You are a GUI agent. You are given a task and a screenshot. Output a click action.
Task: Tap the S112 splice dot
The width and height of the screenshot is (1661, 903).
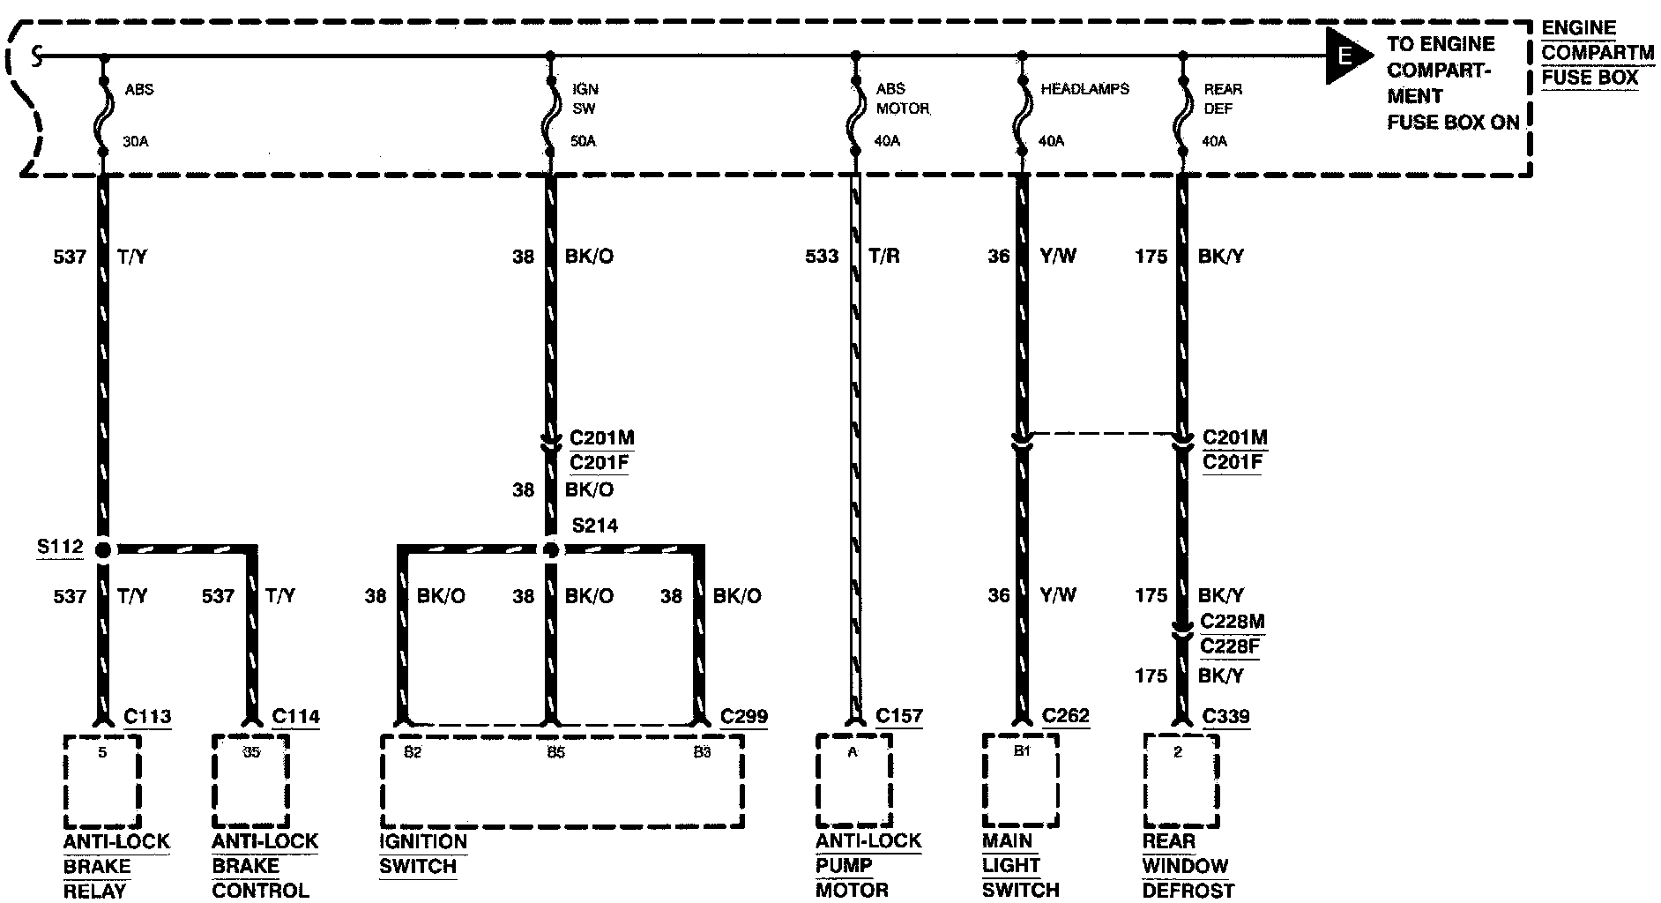(x=103, y=550)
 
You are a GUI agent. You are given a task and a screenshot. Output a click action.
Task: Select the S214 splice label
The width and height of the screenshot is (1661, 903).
(x=595, y=526)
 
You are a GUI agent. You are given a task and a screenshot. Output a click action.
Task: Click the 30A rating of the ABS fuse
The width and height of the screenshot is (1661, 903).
(x=135, y=141)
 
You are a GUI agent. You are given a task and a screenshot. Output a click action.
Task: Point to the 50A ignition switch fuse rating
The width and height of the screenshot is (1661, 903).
(x=584, y=141)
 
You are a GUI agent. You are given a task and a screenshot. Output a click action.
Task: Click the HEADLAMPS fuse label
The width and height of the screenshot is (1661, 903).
(x=1084, y=89)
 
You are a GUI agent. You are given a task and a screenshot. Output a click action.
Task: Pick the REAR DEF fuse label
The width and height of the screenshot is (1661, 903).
(x=1223, y=99)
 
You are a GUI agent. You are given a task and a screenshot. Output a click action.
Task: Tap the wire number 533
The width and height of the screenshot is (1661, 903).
(x=822, y=257)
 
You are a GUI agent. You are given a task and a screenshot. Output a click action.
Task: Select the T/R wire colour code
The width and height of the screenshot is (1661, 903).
(x=883, y=257)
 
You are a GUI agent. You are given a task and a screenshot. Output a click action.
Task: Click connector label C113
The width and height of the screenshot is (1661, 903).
(x=147, y=717)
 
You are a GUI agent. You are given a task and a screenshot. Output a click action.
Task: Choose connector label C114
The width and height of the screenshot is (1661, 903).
(x=296, y=717)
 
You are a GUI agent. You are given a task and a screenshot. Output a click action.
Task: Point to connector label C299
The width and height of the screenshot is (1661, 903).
(x=744, y=717)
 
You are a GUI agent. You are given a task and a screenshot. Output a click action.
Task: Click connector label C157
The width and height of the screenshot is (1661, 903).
(x=899, y=717)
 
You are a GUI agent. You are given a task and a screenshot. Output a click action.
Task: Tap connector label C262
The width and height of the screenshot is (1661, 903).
(x=1065, y=716)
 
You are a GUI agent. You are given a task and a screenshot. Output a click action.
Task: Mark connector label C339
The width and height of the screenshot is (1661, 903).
(x=1226, y=717)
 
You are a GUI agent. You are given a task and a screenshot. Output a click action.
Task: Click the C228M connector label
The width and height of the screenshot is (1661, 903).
(x=1233, y=623)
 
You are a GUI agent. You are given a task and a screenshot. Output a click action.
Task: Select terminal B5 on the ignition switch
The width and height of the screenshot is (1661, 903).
(x=555, y=752)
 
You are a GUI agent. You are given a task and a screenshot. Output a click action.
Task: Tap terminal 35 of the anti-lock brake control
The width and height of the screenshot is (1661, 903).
(x=251, y=752)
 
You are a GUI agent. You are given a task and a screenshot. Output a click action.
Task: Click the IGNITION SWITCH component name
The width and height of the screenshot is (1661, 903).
(x=422, y=854)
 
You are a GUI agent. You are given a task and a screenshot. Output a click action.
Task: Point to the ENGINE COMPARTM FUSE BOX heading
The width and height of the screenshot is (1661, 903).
(x=1595, y=53)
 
